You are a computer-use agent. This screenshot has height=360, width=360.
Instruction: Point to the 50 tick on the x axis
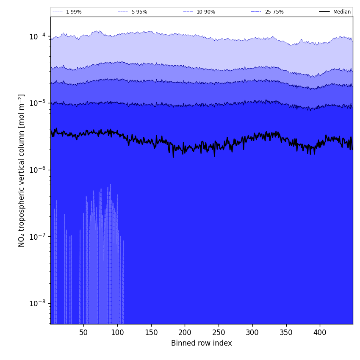click(83, 332)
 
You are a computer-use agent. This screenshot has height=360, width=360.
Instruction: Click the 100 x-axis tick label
click(117, 332)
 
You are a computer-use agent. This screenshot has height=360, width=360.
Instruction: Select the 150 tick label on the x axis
click(151, 332)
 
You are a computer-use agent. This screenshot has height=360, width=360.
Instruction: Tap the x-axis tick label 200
click(185, 332)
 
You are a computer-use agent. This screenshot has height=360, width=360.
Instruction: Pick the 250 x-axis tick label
click(219, 332)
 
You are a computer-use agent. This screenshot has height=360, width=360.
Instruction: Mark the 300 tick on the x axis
click(252, 332)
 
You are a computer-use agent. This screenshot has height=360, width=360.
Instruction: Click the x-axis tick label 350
click(286, 332)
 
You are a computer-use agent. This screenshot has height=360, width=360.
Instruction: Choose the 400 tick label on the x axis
click(320, 332)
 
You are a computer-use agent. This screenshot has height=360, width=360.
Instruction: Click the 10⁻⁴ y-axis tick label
click(38, 36)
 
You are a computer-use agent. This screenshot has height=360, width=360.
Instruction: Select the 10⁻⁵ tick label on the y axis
click(38, 103)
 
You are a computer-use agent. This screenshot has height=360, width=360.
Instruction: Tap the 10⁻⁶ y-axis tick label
click(38, 170)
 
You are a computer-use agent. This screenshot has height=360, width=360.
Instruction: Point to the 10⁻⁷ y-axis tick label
click(38, 236)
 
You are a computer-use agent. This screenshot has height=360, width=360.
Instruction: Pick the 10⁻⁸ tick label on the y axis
click(38, 303)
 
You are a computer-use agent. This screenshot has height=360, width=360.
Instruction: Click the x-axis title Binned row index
click(202, 343)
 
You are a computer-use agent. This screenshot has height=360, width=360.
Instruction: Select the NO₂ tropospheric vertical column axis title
click(22, 170)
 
